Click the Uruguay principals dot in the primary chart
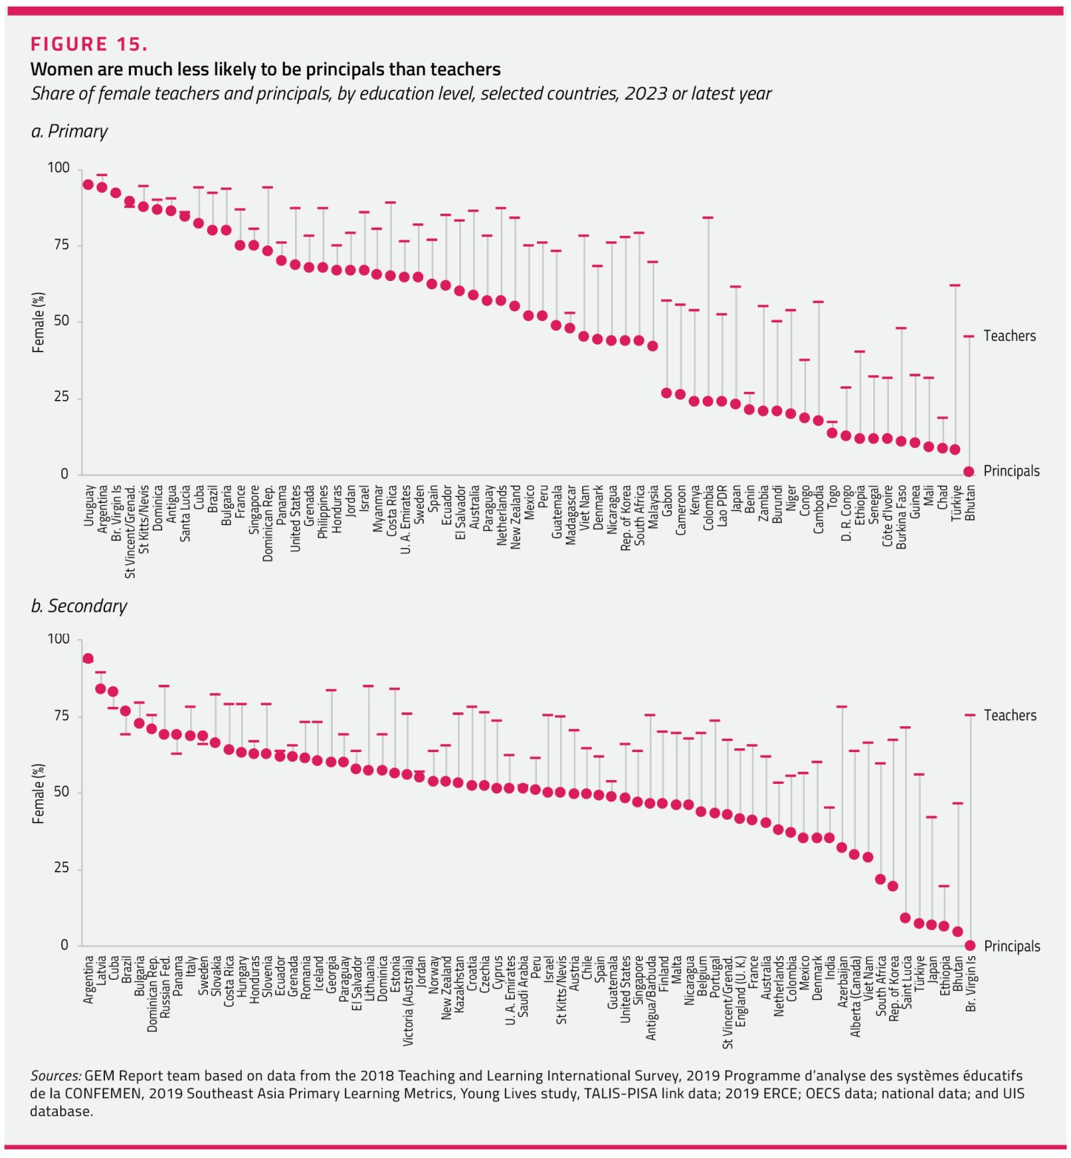[x=88, y=185]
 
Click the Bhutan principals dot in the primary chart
[x=969, y=472]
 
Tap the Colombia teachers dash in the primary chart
[x=708, y=218]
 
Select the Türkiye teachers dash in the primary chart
[x=955, y=285]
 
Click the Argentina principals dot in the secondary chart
[x=88, y=659]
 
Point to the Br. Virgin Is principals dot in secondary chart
[x=970, y=946]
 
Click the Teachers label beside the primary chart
[x=1009, y=336]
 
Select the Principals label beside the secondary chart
[x=1012, y=947]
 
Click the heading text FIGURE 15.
[x=89, y=44]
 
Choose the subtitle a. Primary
[x=70, y=132]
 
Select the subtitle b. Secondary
[x=79, y=606]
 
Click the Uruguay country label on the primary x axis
[x=89, y=506]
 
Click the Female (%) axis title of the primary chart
[x=38, y=322]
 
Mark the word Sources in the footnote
[x=55, y=1076]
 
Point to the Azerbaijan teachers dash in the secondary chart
[x=842, y=707]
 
